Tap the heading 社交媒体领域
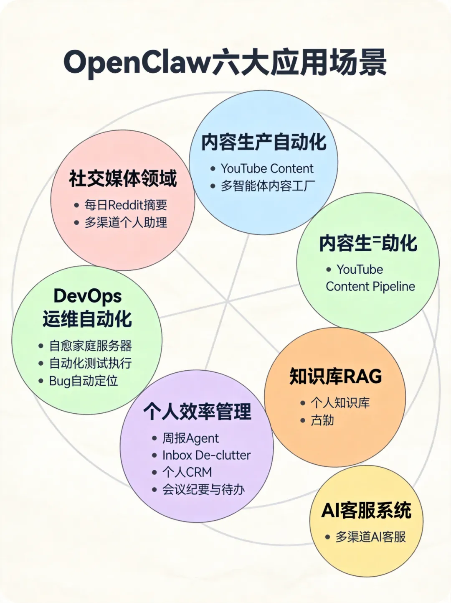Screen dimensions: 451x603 pos(123,179)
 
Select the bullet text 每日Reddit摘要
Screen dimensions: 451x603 pos(126,205)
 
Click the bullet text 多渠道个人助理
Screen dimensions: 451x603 pos(126,222)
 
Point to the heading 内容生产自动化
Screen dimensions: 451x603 pos(264,142)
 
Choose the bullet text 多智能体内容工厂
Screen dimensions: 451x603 pos(268,186)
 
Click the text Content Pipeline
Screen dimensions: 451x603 pos(370,287)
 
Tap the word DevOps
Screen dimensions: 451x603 pos(87,296)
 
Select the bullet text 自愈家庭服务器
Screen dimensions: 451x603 pos(90,346)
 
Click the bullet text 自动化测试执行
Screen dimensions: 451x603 pos(90,363)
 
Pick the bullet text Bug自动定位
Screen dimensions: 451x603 pos(84,381)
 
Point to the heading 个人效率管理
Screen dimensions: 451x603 pos(197,412)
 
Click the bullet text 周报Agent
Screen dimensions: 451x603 pos(190,438)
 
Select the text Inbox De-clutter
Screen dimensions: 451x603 pos(206,455)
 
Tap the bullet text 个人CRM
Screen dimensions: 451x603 pos(187,472)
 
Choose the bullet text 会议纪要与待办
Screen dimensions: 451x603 pos(203,489)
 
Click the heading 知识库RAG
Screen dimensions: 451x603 pos(336,376)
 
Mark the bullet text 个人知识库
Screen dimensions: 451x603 pos(340,403)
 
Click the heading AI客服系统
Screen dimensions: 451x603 pos(366,510)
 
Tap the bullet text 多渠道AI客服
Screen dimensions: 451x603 pos(370,537)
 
